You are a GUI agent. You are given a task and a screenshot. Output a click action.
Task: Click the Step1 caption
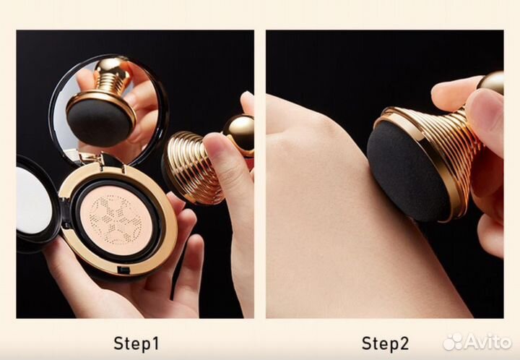tap(136, 343)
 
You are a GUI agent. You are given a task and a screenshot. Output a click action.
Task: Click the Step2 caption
tap(385, 343)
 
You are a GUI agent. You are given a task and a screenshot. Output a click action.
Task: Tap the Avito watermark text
tap(487, 341)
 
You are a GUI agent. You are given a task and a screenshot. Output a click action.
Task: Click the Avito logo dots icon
tap(453, 341)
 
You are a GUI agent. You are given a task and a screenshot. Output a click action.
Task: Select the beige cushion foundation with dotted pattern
tap(116, 220)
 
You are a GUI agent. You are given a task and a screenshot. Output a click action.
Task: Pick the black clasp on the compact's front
tap(124, 270)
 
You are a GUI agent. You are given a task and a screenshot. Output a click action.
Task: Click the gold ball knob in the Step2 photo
tap(492, 82)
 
